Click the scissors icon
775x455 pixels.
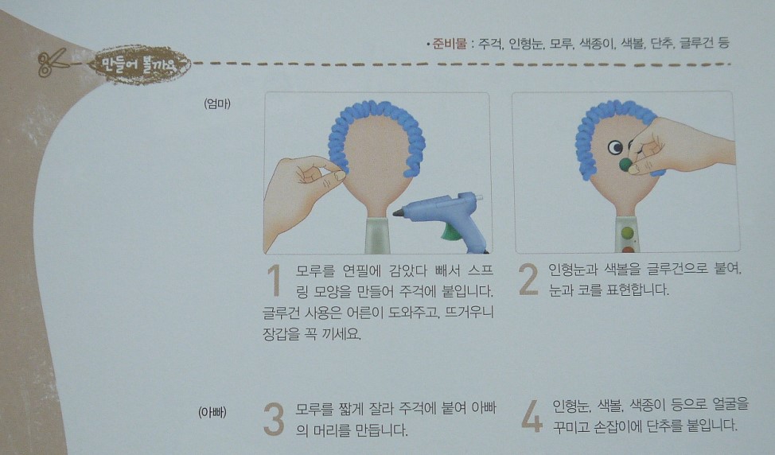(52, 62)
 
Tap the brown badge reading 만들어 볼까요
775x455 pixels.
(140, 64)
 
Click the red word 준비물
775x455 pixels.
(450, 44)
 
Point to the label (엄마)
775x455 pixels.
(217, 103)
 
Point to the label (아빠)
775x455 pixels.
(212, 412)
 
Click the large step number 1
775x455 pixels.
(275, 280)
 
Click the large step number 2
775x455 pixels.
(528, 279)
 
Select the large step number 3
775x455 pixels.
(274, 419)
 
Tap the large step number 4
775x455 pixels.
(532, 417)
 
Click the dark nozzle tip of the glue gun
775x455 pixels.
(398, 213)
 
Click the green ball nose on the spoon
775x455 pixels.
(626, 165)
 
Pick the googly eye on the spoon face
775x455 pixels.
(615, 146)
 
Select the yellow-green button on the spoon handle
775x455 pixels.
(627, 232)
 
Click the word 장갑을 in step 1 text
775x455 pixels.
(281, 334)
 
